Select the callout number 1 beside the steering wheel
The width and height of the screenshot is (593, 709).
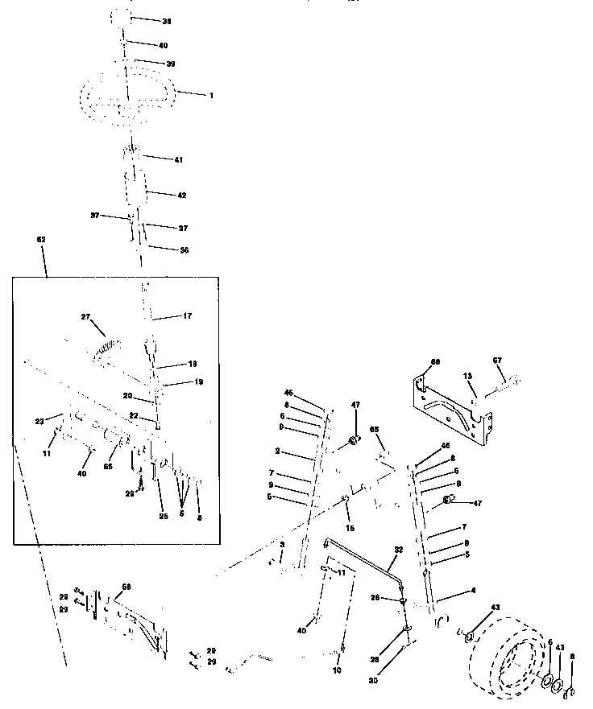pos(211,95)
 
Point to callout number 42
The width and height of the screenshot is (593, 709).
pos(181,195)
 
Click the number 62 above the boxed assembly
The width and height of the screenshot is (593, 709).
pos(42,240)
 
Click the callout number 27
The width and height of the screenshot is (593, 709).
pos(85,317)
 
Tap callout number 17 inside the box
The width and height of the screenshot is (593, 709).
pos(187,316)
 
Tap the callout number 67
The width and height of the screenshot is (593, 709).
pos(497,361)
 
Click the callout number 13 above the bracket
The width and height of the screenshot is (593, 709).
pos(467,375)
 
